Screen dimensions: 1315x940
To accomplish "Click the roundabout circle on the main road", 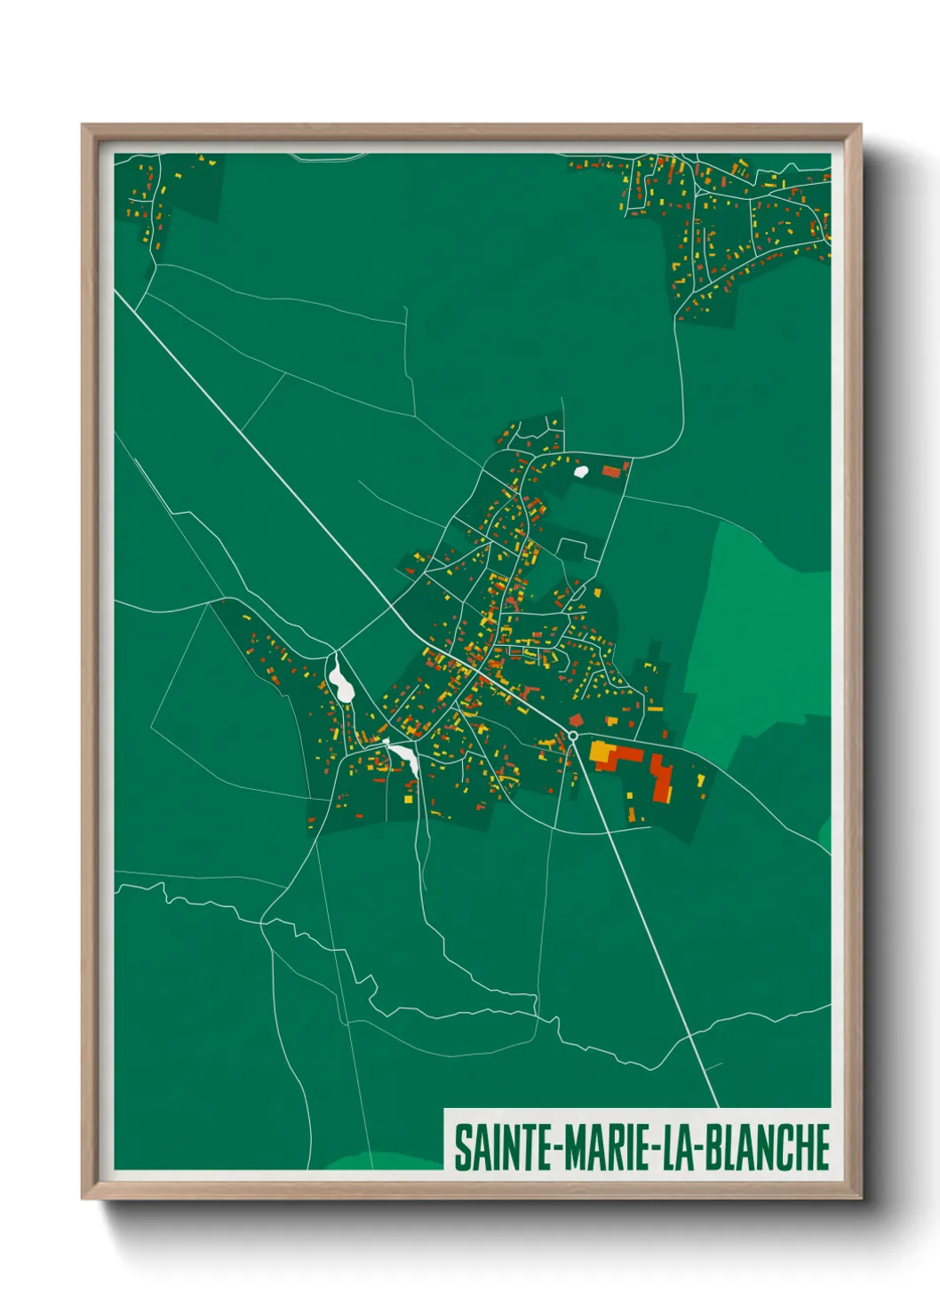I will pyautogui.click(x=573, y=736).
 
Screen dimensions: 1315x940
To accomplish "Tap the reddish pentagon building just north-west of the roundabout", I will pyautogui.click(x=576, y=720).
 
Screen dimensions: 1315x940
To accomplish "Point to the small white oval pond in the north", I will pyautogui.click(x=581, y=471).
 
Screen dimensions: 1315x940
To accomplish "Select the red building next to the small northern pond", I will pyautogui.click(x=611, y=471).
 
